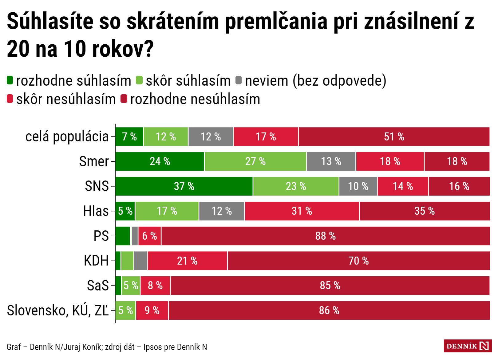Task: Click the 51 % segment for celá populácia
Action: tap(394, 136)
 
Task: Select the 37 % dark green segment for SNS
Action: tap(184, 186)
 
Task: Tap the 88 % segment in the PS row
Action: tap(325, 236)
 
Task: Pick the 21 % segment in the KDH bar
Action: tap(187, 261)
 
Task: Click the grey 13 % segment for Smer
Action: tap(331, 161)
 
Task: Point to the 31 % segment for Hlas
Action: tap(302, 211)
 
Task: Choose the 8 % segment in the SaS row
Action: tap(155, 286)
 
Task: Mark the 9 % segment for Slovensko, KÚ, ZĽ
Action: tap(152, 310)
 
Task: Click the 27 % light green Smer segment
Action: tap(255, 161)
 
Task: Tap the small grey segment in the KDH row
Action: tap(140, 261)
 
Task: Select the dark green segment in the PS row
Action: tap(123, 236)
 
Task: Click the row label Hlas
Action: tap(96, 211)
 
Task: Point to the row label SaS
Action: tap(98, 286)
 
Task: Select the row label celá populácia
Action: tap(67, 137)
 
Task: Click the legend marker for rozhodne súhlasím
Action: tap(10, 80)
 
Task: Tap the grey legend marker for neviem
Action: tap(239, 80)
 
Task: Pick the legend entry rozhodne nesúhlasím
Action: tap(195, 99)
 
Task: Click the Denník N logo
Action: tap(467, 346)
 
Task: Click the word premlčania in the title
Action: tap(276, 22)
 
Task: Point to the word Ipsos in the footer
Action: tap(153, 347)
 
